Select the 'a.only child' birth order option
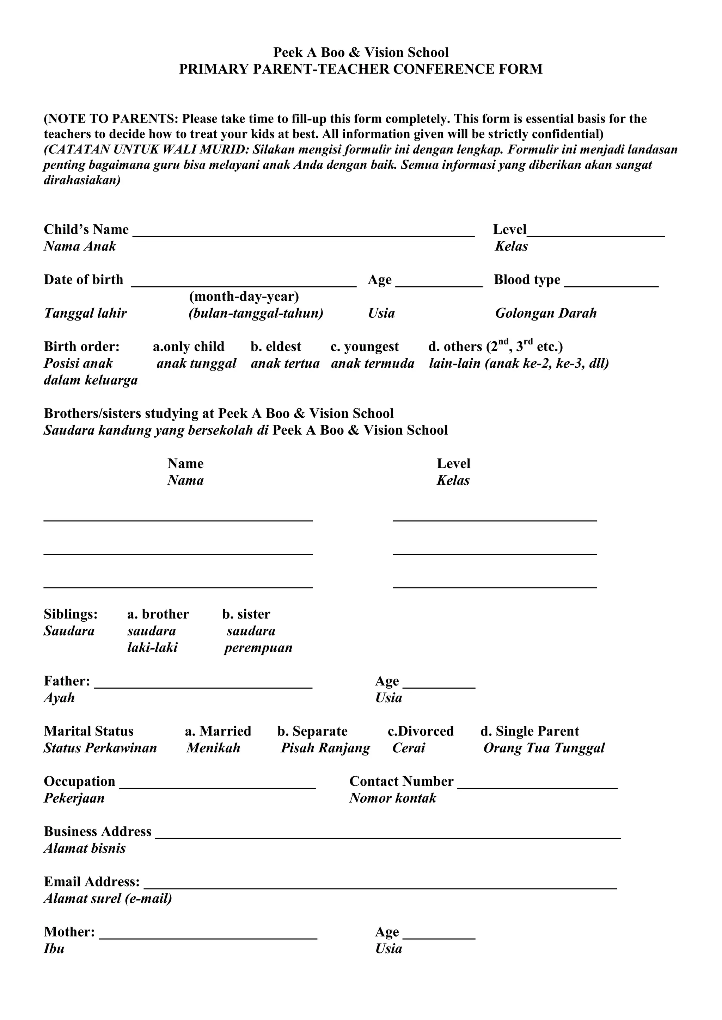[x=189, y=347]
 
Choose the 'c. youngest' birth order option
[x=365, y=347]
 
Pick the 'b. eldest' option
[x=276, y=347]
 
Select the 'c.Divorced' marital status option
[x=421, y=731]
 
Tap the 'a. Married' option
[x=218, y=731]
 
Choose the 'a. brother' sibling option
[x=158, y=614]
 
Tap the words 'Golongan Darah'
[x=546, y=313]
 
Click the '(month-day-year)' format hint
[x=244, y=296]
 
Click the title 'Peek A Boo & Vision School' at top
[x=361, y=52]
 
